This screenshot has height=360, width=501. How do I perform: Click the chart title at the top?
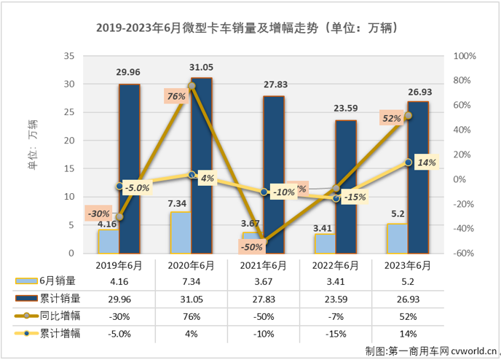pyautogui.click(x=250, y=29)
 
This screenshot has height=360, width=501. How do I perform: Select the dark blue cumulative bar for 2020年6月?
pyautogui.click(x=202, y=165)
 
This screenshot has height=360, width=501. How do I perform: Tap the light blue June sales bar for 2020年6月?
pyautogui.click(x=181, y=232)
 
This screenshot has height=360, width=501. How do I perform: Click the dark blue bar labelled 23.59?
pyautogui.click(x=346, y=187)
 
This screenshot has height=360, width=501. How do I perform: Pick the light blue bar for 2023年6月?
pyautogui.click(x=397, y=238)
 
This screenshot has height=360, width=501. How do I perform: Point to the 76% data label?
pyautogui.click(x=175, y=95)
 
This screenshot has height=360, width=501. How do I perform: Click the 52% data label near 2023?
pyautogui.click(x=392, y=118)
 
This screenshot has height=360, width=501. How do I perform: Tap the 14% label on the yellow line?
pyautogui.click(x=426, y=164)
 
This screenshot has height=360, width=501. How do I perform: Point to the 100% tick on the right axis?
pyautogui.click(x=464, y=55)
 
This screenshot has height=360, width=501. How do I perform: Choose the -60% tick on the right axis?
pyautogui.click(x=464, y=254)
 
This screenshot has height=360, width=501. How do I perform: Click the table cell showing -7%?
pyautogui.click(x=336, y=316)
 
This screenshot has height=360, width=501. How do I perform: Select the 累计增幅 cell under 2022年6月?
pyautogui.click(x=336, y=334)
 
